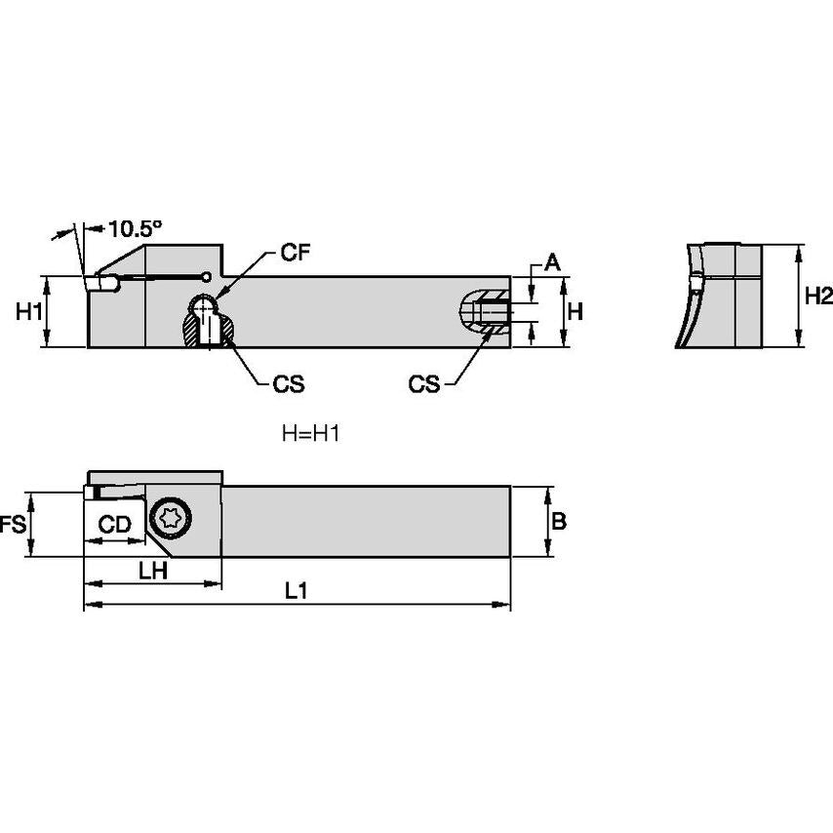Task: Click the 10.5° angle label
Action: (x=136, y=228)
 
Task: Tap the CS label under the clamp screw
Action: (x=288, y=384)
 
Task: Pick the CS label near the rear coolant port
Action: (x=424, y=384)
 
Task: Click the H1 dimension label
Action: (x=29, y=312)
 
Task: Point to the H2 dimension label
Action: (x=818, y=297)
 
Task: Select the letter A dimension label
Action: (x=551, y=261)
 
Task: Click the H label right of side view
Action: (x=575, y=312)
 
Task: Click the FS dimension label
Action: (x=12, y=525)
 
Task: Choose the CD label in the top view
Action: (x=115, y=525)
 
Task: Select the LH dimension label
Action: (x=151, y=572)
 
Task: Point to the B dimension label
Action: (x=559, y=522)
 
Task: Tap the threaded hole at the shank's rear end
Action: (x=485, y=312)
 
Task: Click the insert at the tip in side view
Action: (x=98, y=283)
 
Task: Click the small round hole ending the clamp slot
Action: (x=207, y=275)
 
